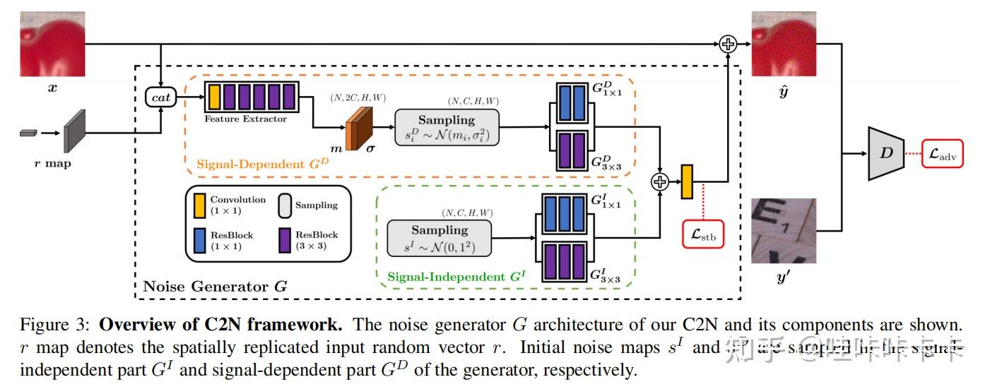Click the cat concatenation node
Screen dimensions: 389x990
[x=162, y=98]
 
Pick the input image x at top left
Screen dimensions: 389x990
[x=52, y=43]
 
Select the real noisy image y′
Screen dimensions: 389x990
[x=784, y=231]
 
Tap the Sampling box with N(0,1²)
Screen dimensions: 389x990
[x=440, y=238]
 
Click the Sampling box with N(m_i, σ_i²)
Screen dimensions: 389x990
[x=447, y=127]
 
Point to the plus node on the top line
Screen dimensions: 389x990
[x=727, y=44]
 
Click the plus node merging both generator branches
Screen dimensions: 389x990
[x=659, y=181]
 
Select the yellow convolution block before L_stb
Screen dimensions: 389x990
[x=687, y=181]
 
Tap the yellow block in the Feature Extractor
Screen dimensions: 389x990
[x=214, y=97]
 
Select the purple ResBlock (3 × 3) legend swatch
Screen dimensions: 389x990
[x=285, y=240]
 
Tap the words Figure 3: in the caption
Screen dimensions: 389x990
[x=57, y=326]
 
